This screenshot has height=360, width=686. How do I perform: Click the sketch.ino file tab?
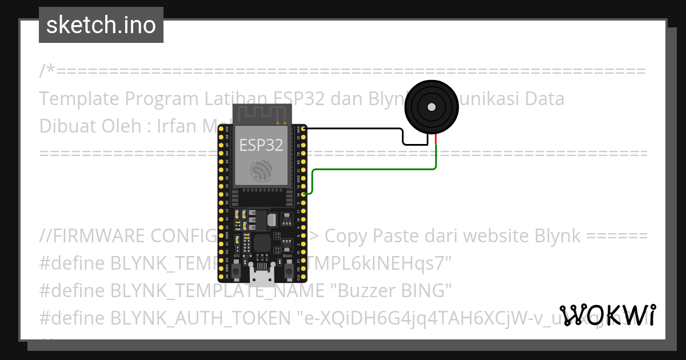(x=101, y=25)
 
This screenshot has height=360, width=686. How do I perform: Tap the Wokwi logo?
(x=607, y=315)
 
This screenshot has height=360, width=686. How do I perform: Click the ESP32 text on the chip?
(x=261, y=145)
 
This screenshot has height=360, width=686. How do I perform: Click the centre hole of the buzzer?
(x=430, y=107)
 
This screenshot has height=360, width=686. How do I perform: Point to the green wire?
(x=372, y=169)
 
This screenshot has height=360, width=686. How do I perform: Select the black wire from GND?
(x=354, y=129)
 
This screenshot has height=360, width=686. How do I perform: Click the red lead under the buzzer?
(x=436, y=139)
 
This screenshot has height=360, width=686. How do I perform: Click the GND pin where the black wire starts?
(x=304, y=129)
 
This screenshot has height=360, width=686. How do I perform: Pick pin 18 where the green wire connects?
(x=304, y=194)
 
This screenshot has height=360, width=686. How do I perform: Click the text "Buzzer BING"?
(x=391, y=290)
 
